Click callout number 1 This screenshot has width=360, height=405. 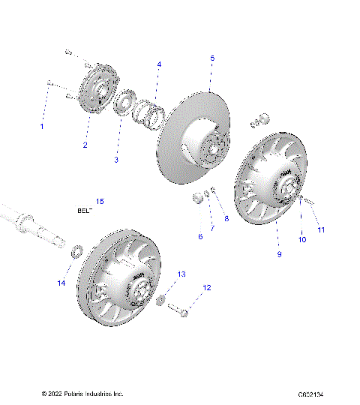(42, 127)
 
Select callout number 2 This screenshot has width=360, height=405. (85, 145)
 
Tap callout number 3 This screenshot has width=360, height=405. (116, 160)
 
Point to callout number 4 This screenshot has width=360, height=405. (158, 64)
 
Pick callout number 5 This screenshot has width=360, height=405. (212, 58)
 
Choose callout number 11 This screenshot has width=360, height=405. (321, 229)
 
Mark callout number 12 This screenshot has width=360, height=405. (207, 287)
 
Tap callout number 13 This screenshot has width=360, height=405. (181, 274)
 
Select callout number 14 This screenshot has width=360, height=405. (62, 283)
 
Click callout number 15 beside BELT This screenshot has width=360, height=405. (100, 201)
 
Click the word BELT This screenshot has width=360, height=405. (84, 211)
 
